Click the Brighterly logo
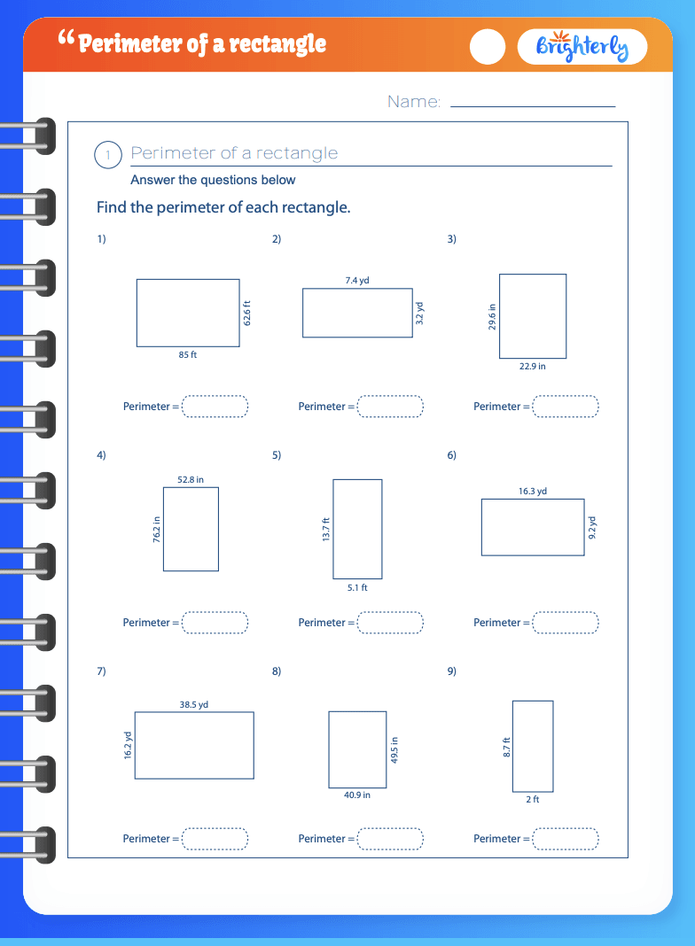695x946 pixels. [x=582, y=46]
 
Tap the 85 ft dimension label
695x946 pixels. [x=188, y=354]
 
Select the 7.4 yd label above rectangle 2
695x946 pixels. [x=357, y=281]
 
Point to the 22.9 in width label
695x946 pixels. [x=533, y=366]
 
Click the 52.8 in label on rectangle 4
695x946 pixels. [x=191, y=479]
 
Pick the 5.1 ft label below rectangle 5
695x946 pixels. [x=357, y=587]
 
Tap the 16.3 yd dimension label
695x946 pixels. [x=533, y=491]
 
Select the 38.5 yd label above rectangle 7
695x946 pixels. [x=194, y=705]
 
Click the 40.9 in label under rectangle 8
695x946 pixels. [x=357, y=795]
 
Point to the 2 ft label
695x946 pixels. [x=533, y=799]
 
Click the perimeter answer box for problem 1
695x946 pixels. [x=215, y=407]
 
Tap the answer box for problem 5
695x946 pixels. [x=390, y=623]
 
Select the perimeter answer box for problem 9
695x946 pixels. [x=566, y=839]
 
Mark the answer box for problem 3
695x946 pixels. [x=566, y=407]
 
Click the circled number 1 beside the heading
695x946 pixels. [x=108, y=155]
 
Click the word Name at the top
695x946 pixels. [x=414, y=101]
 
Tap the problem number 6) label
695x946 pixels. [x=451, y=455]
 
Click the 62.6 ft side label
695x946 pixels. [x=247, y=314]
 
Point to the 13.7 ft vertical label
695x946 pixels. [x=326, y=529]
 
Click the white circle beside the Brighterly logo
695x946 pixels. [x=488, y=46]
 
